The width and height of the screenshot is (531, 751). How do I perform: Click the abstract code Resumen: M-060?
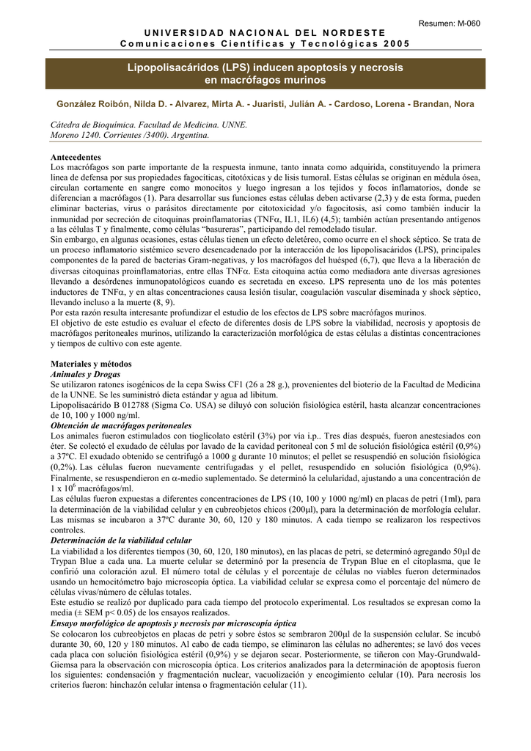[x=450, y=23]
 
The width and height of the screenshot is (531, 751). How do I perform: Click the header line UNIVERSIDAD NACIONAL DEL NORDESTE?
[x=264, y=34]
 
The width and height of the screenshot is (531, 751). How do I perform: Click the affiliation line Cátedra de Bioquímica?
[x=95, y=125]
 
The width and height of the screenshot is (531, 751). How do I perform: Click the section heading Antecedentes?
[x=76, y=158]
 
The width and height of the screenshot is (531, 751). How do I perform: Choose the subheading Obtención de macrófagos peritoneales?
[x=120, y=425]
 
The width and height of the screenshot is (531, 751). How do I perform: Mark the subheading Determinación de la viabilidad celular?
[x=121, y=540]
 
